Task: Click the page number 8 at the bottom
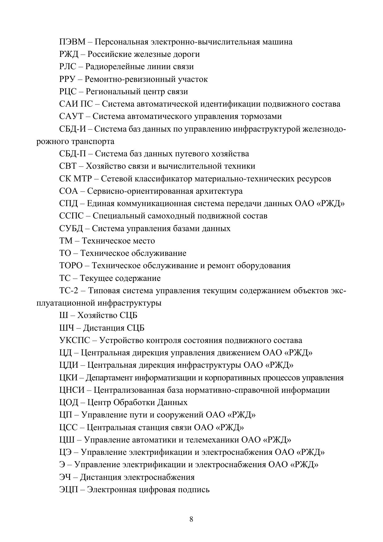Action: point(191,519)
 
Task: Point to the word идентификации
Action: point(230,104)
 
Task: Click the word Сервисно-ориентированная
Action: point(140,191)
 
